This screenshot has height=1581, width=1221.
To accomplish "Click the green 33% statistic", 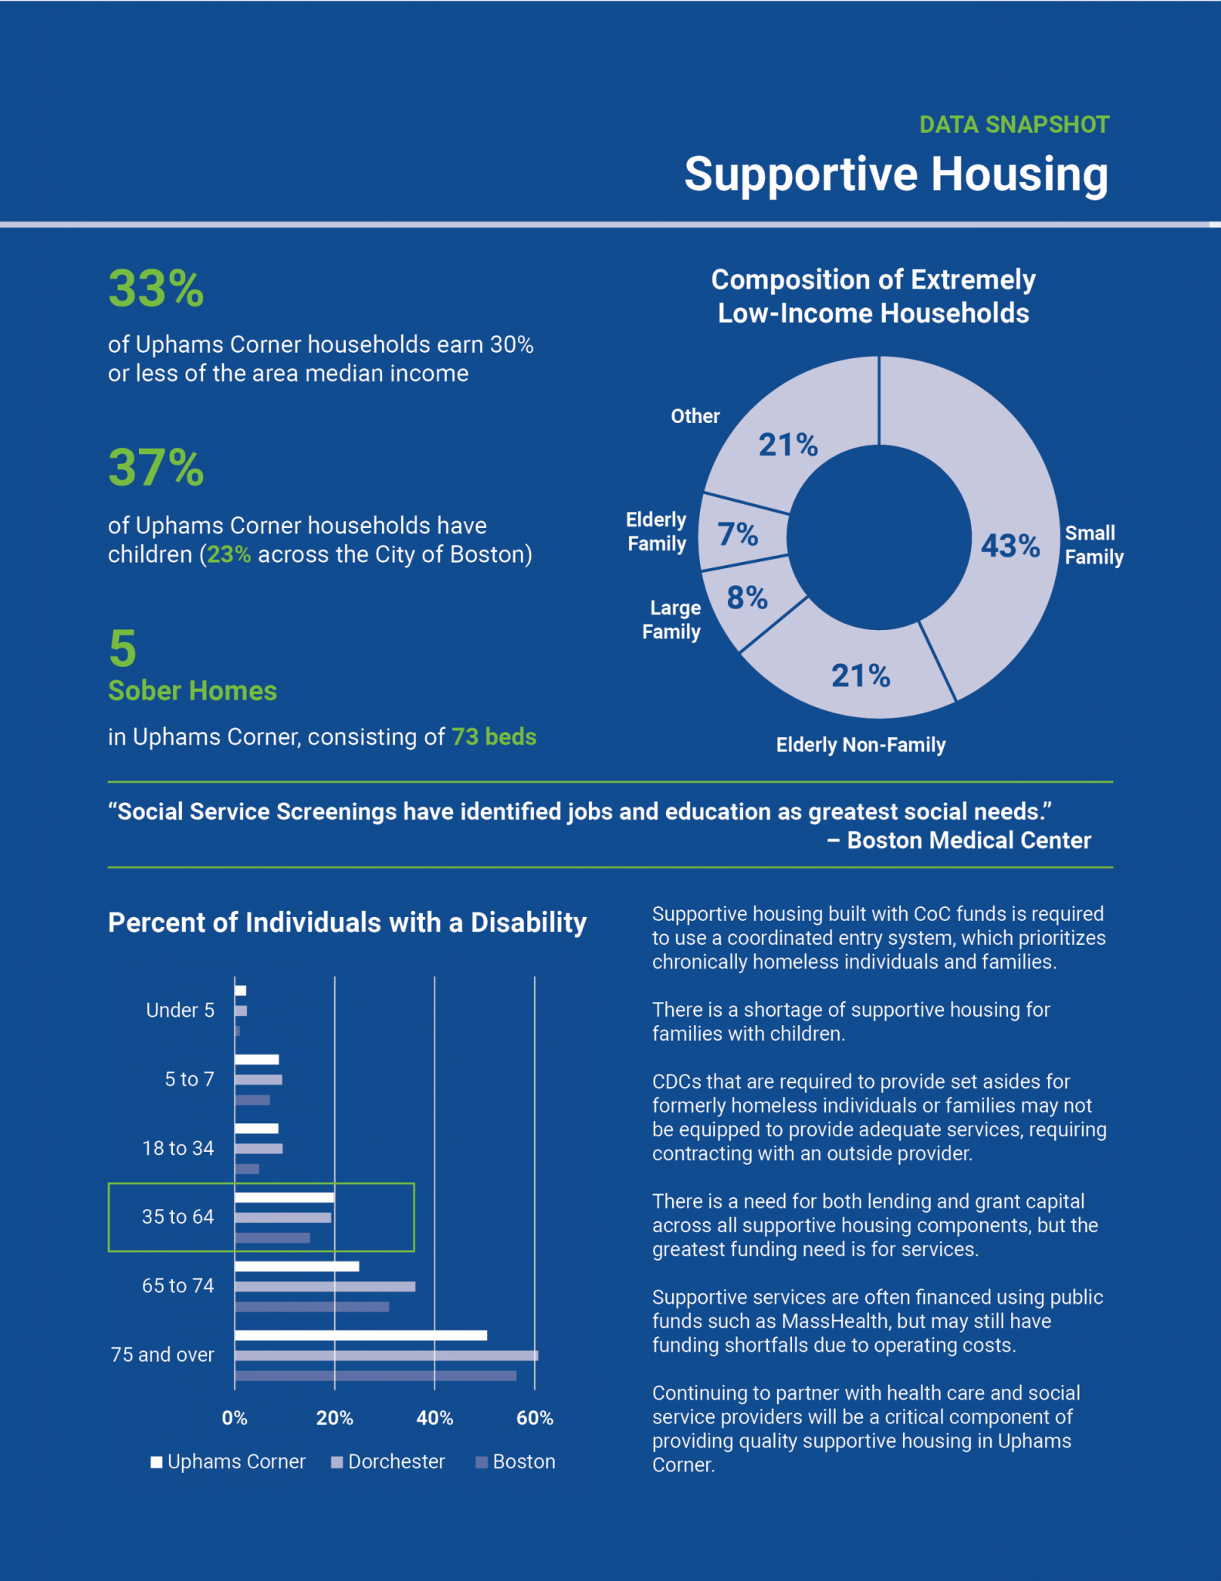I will (156, 289).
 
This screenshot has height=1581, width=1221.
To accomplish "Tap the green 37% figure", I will (156, 468).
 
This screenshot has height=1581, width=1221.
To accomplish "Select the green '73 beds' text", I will (494, 737).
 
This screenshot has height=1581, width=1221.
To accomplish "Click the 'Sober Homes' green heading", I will (192, 691).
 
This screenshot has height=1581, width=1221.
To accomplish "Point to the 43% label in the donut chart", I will (1010, 546).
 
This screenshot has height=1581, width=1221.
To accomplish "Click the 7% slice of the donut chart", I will (739, 534).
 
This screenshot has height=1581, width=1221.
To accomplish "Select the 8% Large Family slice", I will (747, 598).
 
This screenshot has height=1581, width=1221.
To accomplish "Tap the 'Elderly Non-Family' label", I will (861, 745).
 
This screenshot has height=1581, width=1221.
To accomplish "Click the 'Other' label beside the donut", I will (695, 416).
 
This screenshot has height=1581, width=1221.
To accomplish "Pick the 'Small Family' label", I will (1094, 545).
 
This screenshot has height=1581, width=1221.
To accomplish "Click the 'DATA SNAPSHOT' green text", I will (1014, 124).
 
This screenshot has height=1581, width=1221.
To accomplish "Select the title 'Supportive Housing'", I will (896, 174).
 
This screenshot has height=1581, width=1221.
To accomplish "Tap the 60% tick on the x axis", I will (535, 1418).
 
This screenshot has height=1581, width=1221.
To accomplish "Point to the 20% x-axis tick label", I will (334, 1418).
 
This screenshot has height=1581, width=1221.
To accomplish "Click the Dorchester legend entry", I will (388, 1462).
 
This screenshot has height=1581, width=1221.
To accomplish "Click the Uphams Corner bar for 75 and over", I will (360, 1336).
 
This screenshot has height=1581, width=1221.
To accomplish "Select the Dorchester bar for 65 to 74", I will (325, 1287).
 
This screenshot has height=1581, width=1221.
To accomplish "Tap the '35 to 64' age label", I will (178, 1217).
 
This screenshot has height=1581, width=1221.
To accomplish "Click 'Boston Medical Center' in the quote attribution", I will (969, 841).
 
